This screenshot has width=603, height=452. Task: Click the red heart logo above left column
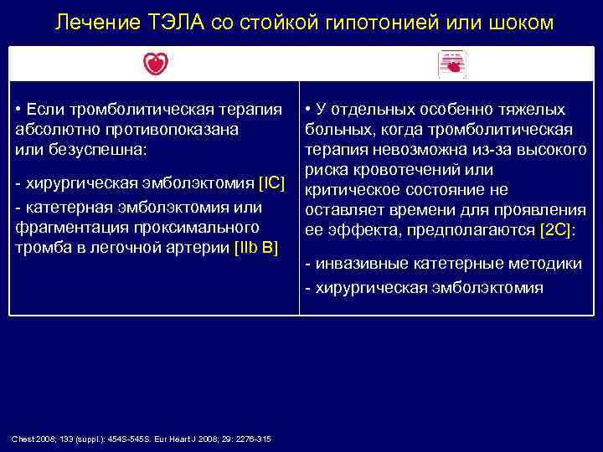(x=154, y=64)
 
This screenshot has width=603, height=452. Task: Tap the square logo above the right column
(x=452, y=64)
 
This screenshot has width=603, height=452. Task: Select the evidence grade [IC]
(x=278, y=182)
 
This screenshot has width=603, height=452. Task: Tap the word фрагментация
(x=66, y=227)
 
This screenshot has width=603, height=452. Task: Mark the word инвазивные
(x=361, y=264)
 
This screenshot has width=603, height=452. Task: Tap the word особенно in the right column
(x=435, y=110)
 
